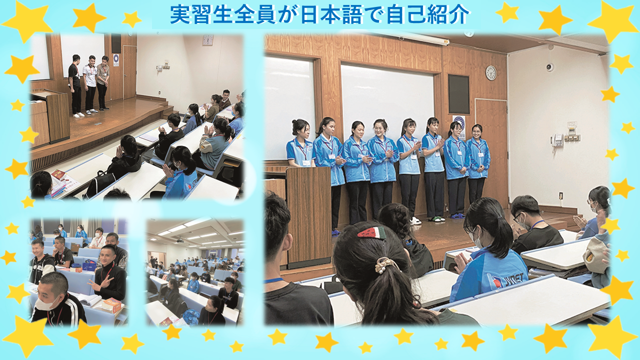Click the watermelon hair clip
coord(371,232)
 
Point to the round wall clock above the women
coord(491,72)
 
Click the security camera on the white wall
coord(549,67)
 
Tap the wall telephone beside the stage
coord(557,140)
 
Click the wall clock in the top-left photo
coord(208,40)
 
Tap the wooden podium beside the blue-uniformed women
coord(309,217)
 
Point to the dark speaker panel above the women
coord(458,94)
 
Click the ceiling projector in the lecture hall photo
coord(180,241)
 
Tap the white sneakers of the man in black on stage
coord(78,115)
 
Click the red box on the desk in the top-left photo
coord(58,174)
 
